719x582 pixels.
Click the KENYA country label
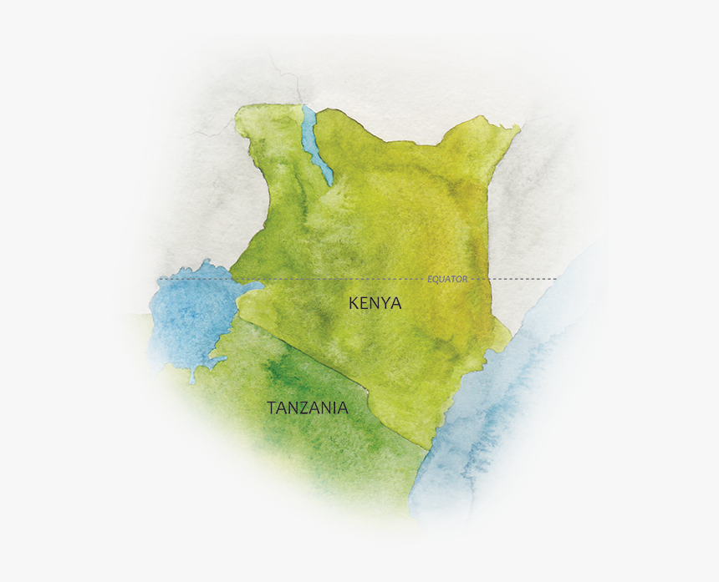[x=375, y=303]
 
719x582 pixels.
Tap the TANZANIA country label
[x=307, y=408]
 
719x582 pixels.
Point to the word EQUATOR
[x=447, y=279]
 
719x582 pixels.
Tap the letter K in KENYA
[x=354, y=303]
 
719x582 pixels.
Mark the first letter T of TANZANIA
[x=272, y=408]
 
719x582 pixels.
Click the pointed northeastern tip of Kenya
[x=518, y=127]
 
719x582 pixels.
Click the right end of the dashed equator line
[x=555, y=279]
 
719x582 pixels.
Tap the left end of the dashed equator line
[x=159, y=279]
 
